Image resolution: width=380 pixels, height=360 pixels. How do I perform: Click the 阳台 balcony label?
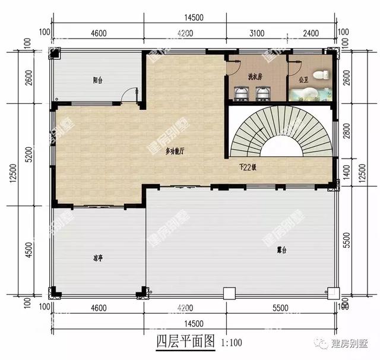pos(98,80)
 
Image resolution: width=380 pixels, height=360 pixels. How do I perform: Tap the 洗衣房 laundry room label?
pos(255,77)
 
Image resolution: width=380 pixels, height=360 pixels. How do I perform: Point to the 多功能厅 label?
pos(175,151)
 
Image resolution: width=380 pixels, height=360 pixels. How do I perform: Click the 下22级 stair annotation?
pos(247,167)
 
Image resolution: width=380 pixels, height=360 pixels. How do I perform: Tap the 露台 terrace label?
pos(282,250)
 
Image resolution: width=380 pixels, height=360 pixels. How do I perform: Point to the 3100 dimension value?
pos(258,33)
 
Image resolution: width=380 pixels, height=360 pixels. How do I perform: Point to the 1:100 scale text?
pos(231,343)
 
